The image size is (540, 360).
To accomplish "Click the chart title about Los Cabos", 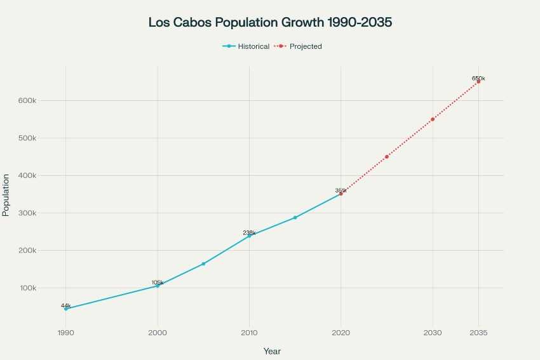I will pos(270,22).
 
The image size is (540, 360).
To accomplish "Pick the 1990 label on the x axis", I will pos(65,332).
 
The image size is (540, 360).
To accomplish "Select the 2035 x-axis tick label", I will pos(478,332).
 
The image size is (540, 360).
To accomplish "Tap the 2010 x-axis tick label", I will pos(249,332).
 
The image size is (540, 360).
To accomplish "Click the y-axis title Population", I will pos(6,195).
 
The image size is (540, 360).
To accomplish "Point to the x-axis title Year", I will pos(272,351).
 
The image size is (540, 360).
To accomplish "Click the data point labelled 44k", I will pos(66,309).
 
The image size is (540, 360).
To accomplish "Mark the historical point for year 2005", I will pos(203,263).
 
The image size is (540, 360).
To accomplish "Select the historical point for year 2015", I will pos(295,218).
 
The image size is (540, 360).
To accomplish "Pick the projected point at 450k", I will pos(386,157).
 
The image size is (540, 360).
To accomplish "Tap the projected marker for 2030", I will pos(433,119).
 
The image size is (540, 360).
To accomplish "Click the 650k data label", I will pos(478,79).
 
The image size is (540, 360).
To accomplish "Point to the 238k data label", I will pos(249,233).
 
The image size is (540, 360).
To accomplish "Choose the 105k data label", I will pos(158,283).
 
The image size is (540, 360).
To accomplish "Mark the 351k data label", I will pos(341,190).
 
